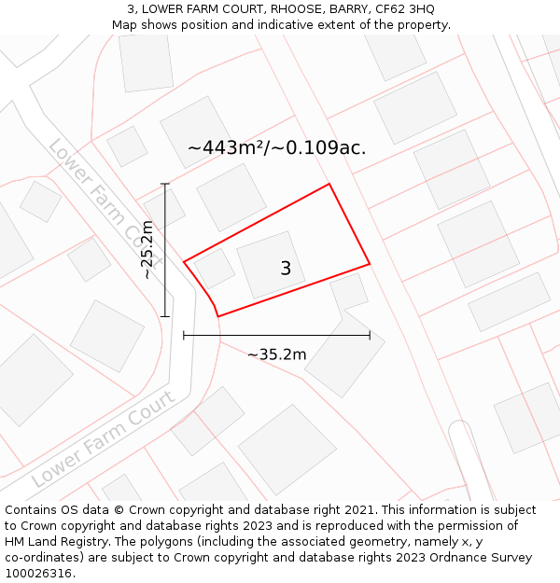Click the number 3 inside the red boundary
[x=286, y=269]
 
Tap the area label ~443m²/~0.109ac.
[x=276, y=147]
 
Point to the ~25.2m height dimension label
[x=148, y=249]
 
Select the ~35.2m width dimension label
[x=277, y=354]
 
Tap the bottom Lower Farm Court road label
[x=104, y=437]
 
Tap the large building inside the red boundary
[x=271, y=264]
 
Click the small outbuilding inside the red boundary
[x=215, y=269]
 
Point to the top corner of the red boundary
[x=329, y=184]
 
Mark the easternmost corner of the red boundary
[x=370, y=263]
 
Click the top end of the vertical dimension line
[x=165, y=184]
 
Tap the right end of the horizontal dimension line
[x=370, y=335]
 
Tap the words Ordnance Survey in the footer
[x=483, y=558]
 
